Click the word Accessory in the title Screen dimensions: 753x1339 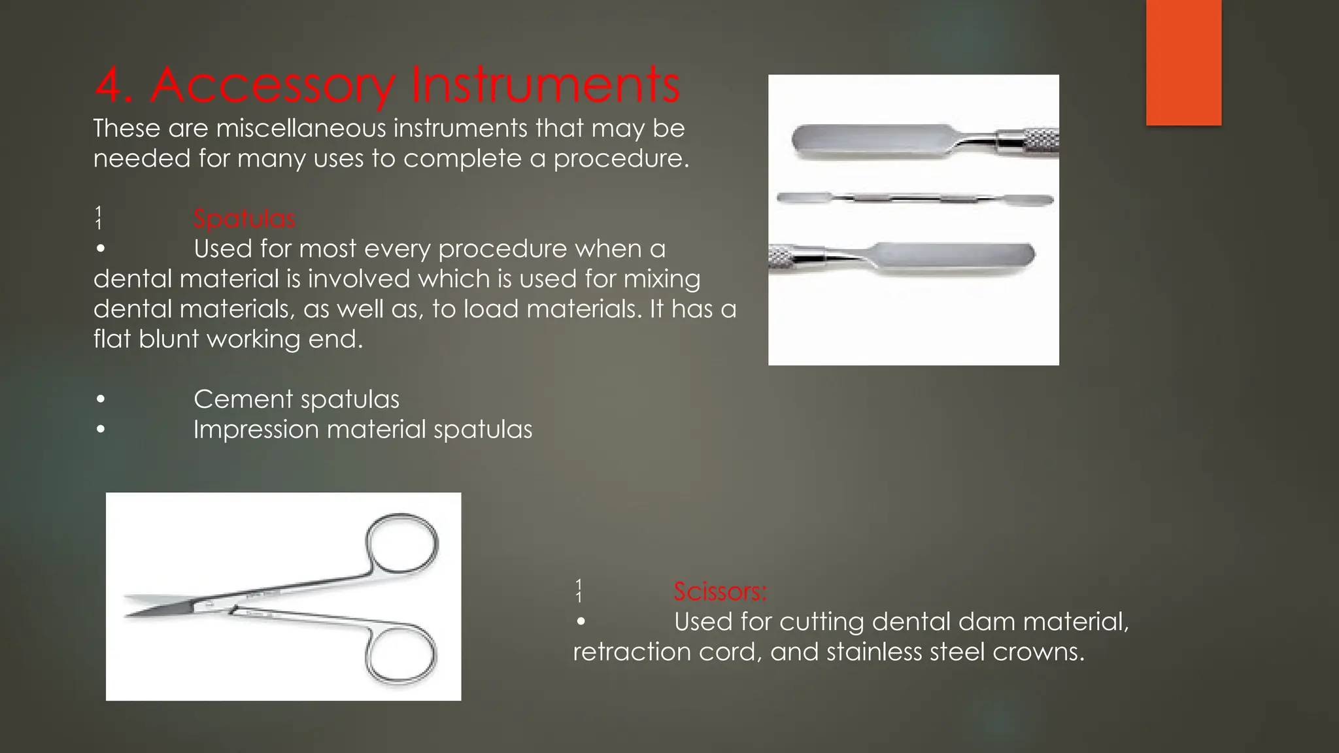(x=273, y=86)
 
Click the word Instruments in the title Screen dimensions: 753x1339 (x=545, y=86)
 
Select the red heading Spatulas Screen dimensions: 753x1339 (x=244, y=218)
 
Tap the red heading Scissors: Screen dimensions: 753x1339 (x=720, y=592)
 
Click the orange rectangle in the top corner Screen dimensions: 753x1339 (x=1183, y=62)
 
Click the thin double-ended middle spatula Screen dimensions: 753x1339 (x=914, y=198)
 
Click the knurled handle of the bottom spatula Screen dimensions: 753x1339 (x=785, y=256)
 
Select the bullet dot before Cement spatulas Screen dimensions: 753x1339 (x=100, y=399)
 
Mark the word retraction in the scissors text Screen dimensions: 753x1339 (x=632, y=652)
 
